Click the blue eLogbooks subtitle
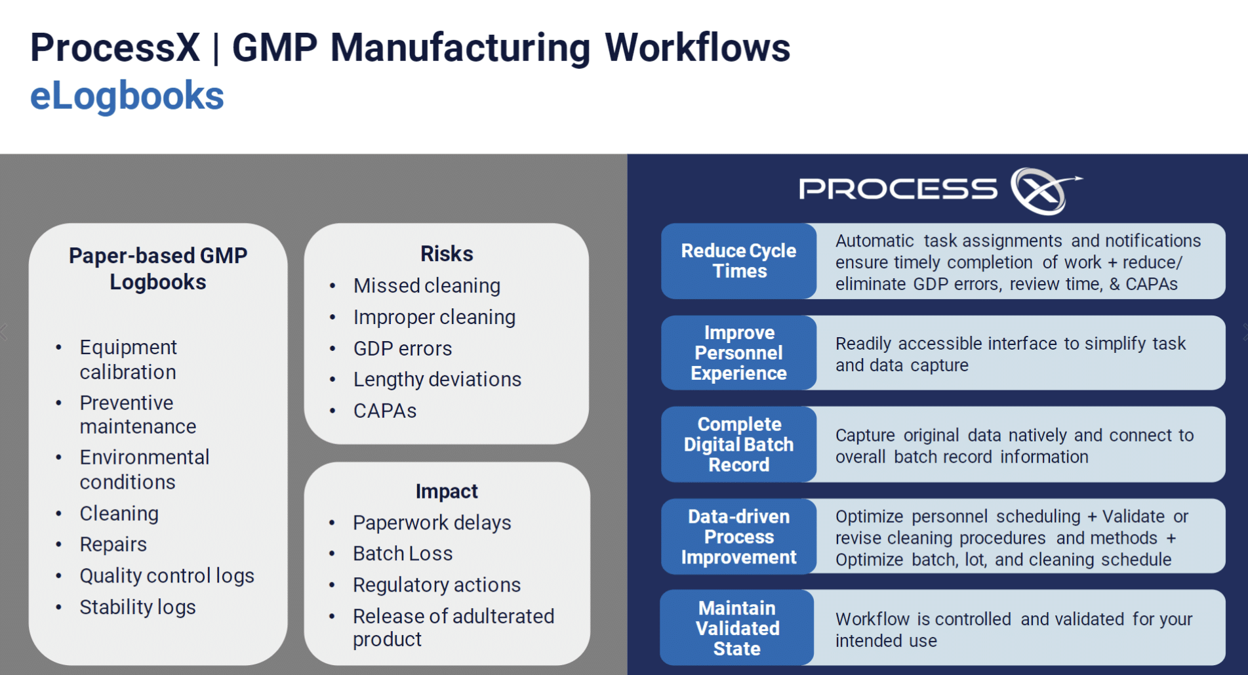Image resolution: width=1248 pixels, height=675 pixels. [x=127, y=96]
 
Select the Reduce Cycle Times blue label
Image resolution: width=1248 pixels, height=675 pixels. [x=738, y=261]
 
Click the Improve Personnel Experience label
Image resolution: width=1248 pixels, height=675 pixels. [x=738, y=353]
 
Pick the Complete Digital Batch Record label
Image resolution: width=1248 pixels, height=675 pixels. [x=738, y=445]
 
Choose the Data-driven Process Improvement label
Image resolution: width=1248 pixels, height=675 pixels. [x=738, y=537]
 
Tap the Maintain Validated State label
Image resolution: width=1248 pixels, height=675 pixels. [x=737, y=628]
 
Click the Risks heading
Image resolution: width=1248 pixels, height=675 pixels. [x=447, y=254]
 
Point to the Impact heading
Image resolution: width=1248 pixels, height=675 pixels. [x=447, y=491]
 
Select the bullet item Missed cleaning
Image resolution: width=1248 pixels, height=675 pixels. [x=426, y=286]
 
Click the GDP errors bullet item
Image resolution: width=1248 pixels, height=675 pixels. [x=403, y=349]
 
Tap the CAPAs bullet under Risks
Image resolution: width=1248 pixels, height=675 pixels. [x=385, y=411]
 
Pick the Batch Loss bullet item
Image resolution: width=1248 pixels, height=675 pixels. [x=403, y=554]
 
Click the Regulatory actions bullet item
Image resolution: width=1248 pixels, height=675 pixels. [x=437, y=585]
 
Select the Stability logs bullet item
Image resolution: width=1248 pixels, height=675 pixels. [x=138, y=607]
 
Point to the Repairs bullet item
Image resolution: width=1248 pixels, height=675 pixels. [x=113, y=544]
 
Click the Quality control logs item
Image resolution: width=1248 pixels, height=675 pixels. [x=167, y=576]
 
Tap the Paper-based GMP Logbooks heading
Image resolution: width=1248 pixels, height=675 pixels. [x=158, y=268]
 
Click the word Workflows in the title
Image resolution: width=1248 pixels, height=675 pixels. [x=697, y=48]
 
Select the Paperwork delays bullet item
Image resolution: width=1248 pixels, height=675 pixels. [x=432, y=523]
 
